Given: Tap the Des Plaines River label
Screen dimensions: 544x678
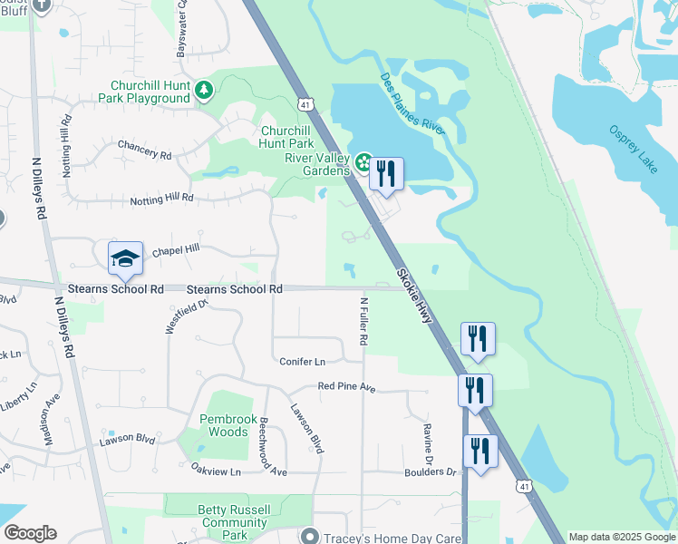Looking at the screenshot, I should click(x=412, y=104).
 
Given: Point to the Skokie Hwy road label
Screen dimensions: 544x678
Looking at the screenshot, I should click(x=413, y=298).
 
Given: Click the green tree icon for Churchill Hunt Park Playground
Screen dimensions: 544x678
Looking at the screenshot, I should click(x=206, y=89).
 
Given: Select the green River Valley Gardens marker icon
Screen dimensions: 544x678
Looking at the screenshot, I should click(x=363, y=163).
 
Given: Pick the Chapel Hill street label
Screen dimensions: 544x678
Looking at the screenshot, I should click(x=174, y=249).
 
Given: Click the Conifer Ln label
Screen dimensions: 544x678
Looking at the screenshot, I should click(x=302, y=362).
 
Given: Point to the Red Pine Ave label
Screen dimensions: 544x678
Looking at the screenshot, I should click(x=346, y=386).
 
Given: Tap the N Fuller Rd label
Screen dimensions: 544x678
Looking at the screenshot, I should click(x=363, y=321).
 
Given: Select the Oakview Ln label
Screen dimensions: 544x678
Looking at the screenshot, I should click(x=216, y=471).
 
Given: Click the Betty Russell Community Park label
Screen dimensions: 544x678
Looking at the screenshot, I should click(x=234, y=516).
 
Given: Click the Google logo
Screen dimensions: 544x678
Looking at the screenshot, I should click(x=30, y=533).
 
